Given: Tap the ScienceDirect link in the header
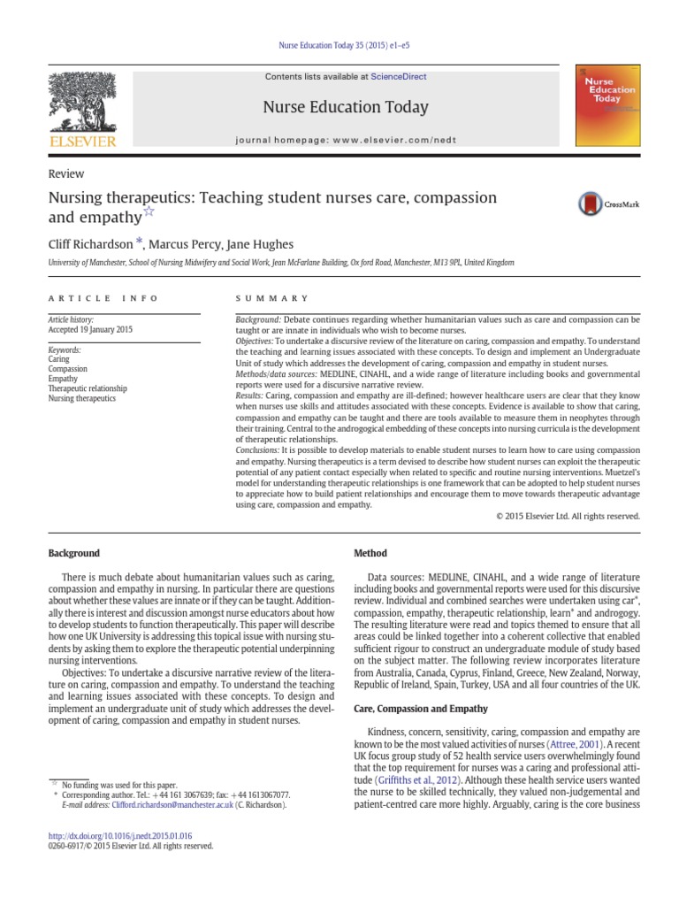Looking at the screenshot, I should coord(398,77).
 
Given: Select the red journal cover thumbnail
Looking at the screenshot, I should coord(607,104).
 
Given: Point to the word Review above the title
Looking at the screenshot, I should coord(67,174).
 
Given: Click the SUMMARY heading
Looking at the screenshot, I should coord(272,298).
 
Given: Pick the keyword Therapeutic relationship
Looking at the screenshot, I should coord(88,388).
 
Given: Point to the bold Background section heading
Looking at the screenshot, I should coord(73,553).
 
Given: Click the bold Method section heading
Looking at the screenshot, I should coord(370,553).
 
